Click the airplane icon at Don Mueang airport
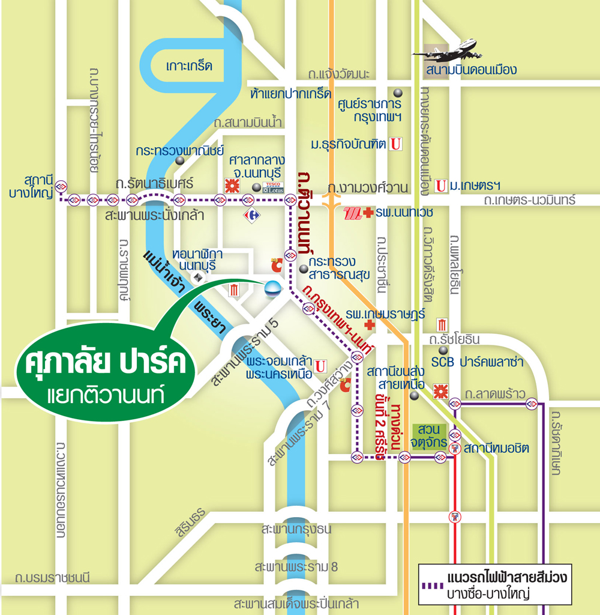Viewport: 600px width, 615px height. [447, 50]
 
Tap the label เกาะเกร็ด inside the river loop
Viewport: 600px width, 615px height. [189, 66]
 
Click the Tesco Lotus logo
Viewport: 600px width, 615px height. [273, 187]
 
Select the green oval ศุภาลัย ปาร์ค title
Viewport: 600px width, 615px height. [106, 374]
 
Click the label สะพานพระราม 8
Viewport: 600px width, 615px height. [296, 566]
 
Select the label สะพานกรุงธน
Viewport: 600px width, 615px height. [296, 530]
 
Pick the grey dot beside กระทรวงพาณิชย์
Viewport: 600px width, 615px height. [179, 161]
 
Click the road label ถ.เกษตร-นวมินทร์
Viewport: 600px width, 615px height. [530, 199]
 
